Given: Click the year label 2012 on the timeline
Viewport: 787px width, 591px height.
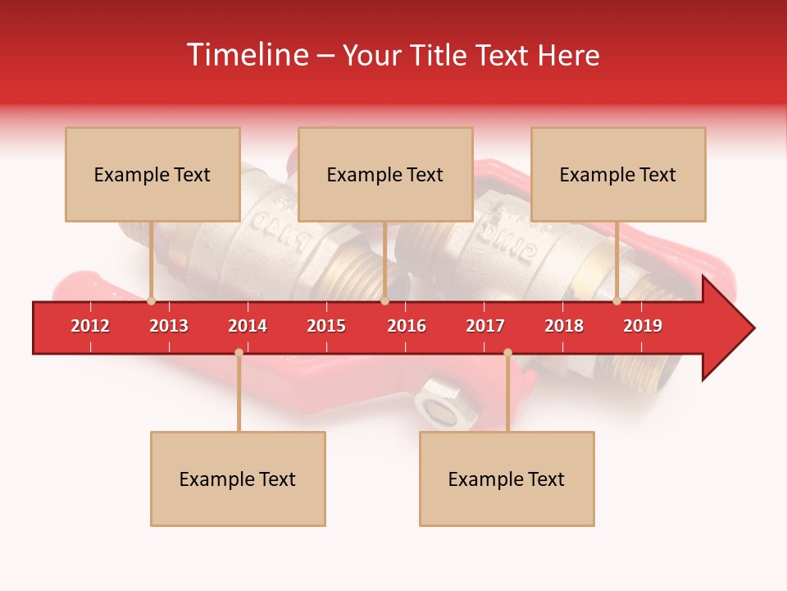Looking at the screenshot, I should point(90,326).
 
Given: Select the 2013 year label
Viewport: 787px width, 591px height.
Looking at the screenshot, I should point(169,326).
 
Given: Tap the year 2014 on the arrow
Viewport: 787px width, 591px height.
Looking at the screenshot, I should point(248,326).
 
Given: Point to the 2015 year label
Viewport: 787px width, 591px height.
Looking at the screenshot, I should point(326,326).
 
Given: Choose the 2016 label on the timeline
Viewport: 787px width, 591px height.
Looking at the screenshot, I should point(407,326).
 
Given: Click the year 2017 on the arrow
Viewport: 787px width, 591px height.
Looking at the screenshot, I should point(485,326).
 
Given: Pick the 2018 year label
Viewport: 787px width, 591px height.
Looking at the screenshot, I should point(564,326).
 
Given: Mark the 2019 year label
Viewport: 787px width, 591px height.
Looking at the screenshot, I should point(643,326).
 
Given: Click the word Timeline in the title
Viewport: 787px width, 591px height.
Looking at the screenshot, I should point(245,55).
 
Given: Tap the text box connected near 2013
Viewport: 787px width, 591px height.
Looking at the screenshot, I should point(152,174).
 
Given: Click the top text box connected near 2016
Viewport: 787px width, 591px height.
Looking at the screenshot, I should point(385,174).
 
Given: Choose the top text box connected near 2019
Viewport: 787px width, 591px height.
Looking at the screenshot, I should point(618,174).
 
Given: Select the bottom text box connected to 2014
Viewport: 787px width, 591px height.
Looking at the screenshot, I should point(238,479).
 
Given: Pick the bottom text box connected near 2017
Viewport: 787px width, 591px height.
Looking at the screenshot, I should point(507,479).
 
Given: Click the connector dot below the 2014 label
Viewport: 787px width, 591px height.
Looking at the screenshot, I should point(239,353).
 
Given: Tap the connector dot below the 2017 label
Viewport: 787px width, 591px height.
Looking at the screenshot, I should point(507,353).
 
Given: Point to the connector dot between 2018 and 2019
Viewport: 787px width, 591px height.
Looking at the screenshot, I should point(617,300).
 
